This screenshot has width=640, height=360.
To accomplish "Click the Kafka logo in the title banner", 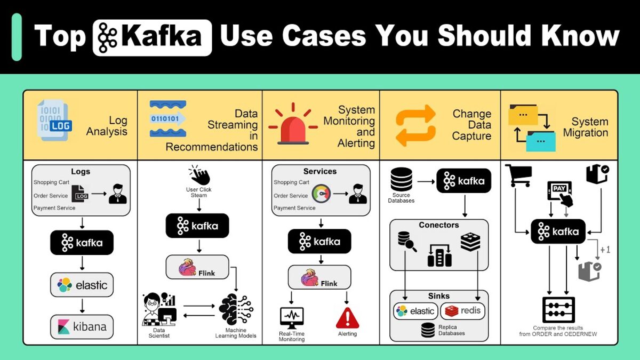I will (152, 37).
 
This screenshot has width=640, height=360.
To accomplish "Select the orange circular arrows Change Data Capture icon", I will (415, 125).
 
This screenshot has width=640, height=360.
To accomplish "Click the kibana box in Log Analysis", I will (82, 326).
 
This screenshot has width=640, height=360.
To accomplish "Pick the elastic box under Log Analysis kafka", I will (82, 285).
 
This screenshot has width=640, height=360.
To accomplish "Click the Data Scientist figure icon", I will (159, 309).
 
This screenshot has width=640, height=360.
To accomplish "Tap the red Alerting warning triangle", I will (347, 318).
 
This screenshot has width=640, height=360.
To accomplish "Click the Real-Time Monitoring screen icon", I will (292, 318).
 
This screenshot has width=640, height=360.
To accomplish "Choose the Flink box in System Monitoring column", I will (320, 278).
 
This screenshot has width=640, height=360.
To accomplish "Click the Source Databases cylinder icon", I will (401, 180).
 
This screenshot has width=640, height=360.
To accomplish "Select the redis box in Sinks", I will (462, 311).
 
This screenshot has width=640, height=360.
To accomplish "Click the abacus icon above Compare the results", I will (558, 310).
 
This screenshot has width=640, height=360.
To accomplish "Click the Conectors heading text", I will (438, 225).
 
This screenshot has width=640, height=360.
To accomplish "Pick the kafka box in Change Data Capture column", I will (463, 181).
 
